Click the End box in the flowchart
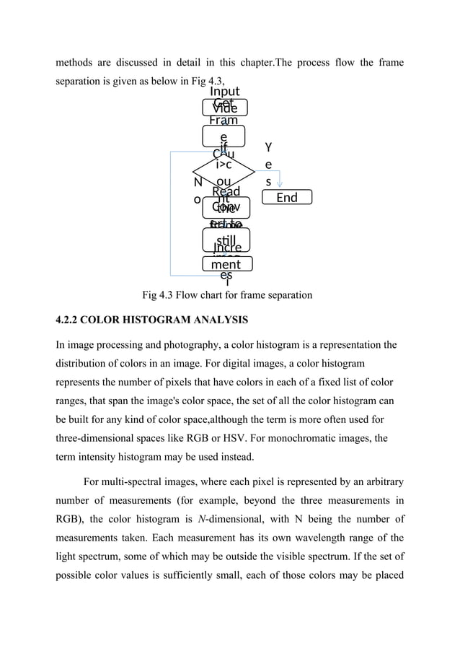click(286, 197)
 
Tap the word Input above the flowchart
click(225, 92)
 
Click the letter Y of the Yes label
click(268, 147)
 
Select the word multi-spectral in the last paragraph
click(140, 482)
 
